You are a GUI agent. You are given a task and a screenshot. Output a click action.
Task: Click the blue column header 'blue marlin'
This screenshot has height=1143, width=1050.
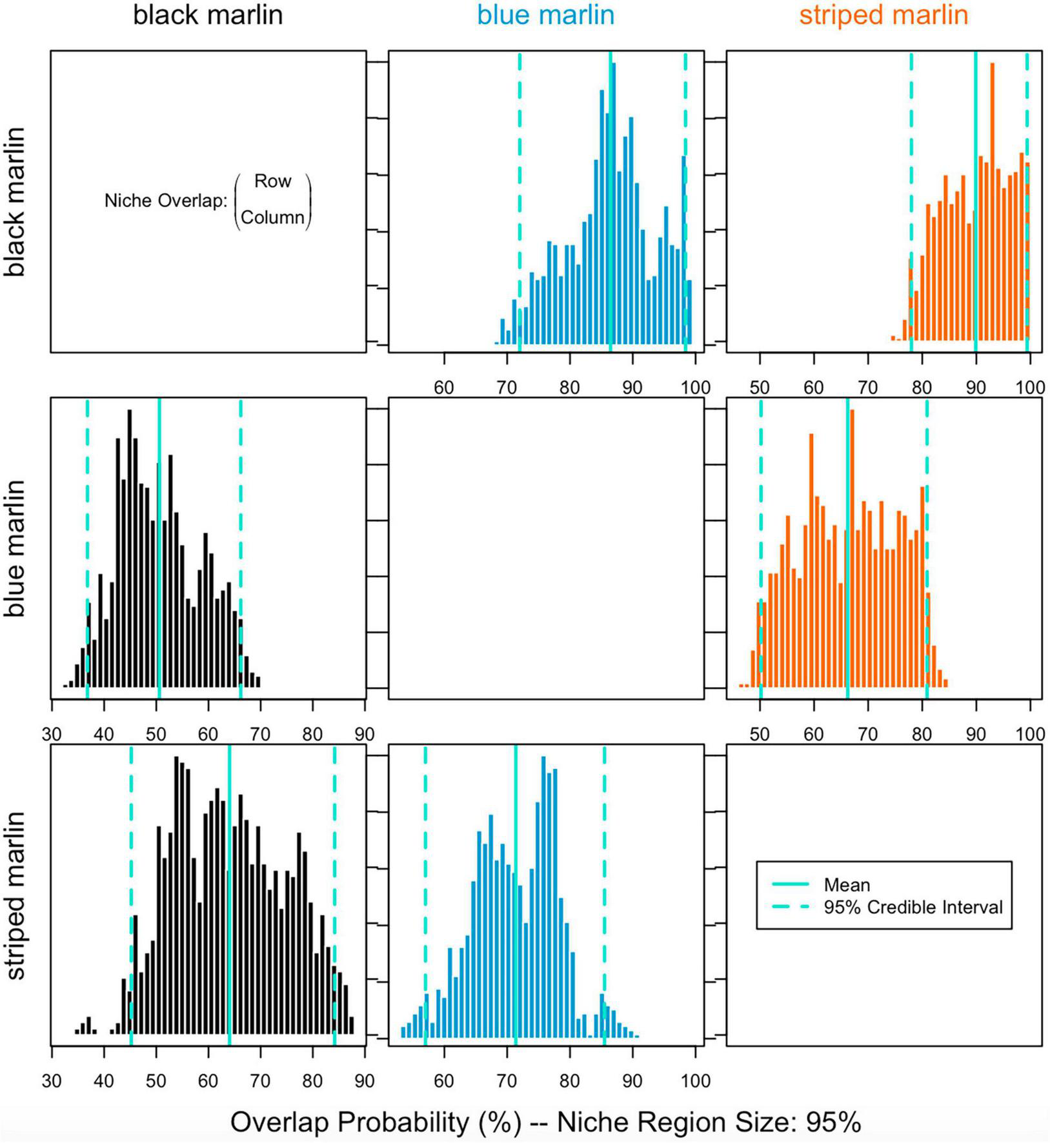coord(545,15)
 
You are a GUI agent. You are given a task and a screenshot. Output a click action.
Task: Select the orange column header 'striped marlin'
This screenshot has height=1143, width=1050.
coord(883,15)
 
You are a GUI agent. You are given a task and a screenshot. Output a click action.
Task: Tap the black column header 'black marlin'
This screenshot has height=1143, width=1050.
coord(208,15)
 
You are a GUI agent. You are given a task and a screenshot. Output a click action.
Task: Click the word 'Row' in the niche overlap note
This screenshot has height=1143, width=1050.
coord(272,181)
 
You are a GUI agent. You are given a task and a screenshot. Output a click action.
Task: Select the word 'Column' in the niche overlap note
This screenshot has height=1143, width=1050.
coord(272,217)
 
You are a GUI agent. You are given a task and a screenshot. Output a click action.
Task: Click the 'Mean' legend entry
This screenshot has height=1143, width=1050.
coord(847,885)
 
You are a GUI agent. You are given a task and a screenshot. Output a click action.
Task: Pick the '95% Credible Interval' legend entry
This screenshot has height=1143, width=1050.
coord(913,908)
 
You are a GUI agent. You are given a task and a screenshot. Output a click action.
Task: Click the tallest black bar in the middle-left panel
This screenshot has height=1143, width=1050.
coord(130,548)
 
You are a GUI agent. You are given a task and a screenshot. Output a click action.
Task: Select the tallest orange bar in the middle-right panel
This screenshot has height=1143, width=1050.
coord(853,548)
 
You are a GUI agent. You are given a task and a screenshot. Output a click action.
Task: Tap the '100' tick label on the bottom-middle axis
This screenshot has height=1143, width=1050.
coord(695,1081)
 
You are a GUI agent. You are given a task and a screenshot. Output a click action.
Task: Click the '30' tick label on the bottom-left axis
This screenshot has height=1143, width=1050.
coord(52,1081)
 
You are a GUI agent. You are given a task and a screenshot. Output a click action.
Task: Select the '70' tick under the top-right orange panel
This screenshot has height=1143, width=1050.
coord(867,388)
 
